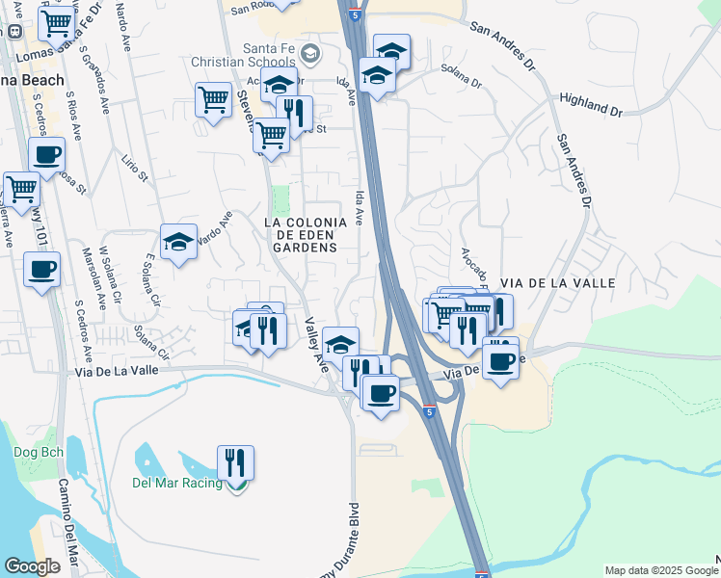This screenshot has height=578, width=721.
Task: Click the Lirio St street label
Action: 136,166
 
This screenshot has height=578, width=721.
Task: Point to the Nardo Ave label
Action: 122,28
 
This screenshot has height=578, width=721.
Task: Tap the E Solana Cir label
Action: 151,279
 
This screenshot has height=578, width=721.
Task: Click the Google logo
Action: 32,566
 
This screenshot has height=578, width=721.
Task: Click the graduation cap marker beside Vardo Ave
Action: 178,242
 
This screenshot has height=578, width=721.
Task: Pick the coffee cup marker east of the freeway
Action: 500,360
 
